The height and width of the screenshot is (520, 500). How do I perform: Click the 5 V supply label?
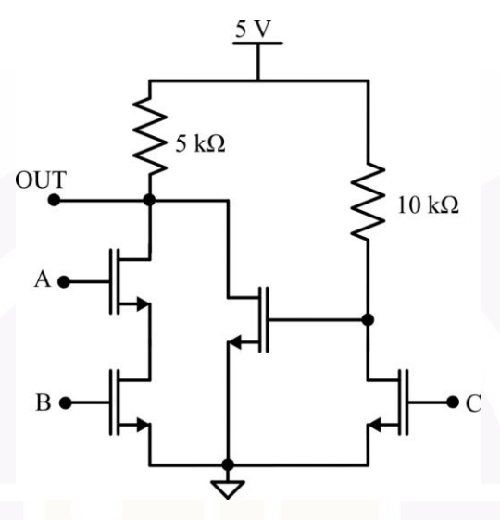pyautogui.click(x=254, y=30)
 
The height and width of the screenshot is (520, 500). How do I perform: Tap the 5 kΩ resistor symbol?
pyautogui.click(x=150, y=135)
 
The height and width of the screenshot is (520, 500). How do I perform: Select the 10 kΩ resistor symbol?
pyautogui.click(x=368, y=201)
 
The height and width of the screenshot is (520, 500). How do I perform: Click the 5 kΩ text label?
pyautogui.click(x=200, y=143)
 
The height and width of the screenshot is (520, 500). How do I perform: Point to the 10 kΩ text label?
pyautogui.click(x=428, y=205)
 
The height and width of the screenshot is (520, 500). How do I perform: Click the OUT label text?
pyautogui.click(x=41, y=180)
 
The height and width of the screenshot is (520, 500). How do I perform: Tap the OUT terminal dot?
pyautogui.click(x=54, y=200)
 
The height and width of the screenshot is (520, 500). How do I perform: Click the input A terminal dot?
pyautogui.click(x=64, y=282)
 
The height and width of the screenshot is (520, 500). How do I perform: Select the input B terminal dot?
pyautogui.click(x=66, y=402)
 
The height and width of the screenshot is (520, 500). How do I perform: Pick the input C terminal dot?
pyautogui.click(x=453, y=402)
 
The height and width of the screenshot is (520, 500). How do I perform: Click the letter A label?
pyautogui.click(x=43, y=279)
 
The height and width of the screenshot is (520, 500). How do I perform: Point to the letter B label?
pyautogui.click(x=44, y=402)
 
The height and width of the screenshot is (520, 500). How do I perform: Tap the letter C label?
pyautogui.click(x=474, y=403)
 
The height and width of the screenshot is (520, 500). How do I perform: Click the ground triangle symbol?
pyautogui.click(x=228, y=489)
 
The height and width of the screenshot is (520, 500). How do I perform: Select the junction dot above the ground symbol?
pyautogui.click(x=228, y=465)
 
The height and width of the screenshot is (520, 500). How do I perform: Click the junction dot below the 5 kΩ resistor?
pyautogui.click(x=149, y=200)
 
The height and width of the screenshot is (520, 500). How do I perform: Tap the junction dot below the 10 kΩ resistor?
pyautogui.click(x=368, y=320)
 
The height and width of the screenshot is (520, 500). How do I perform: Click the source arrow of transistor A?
pyautogui.click(x=143, y=303)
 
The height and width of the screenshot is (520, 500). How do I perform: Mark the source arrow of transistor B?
pyautogui.click(x=144, y=425)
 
